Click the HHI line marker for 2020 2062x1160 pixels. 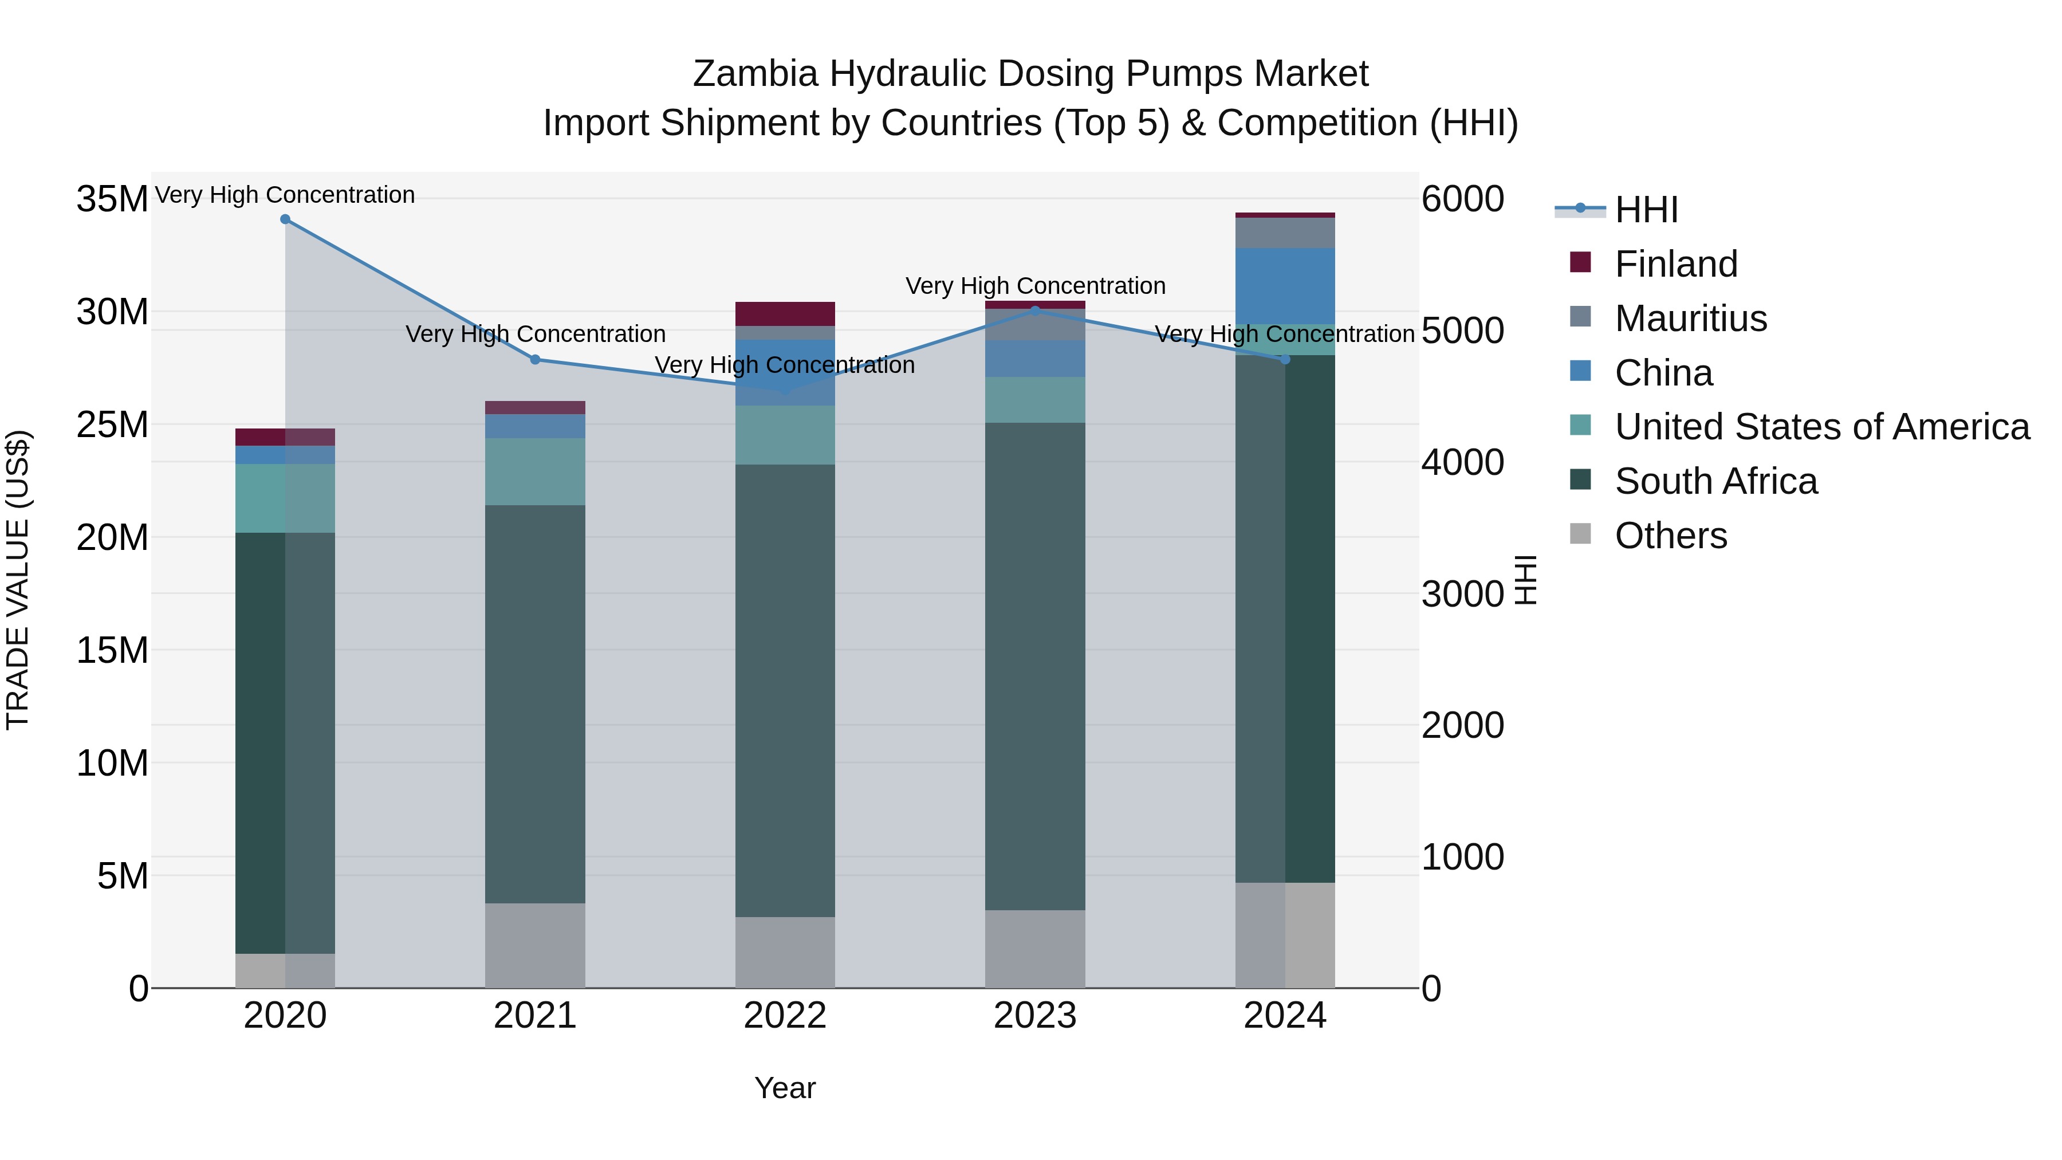[285, 219]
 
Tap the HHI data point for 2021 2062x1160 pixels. [536, 359]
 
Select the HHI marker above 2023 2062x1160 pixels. [1035, 310]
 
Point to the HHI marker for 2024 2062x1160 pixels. [1285, 359]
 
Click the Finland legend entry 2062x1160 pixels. [1675, 264]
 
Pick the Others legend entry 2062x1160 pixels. [1671, 536]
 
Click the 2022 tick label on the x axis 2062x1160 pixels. [785, 1016]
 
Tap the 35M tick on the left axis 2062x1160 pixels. [112, 199]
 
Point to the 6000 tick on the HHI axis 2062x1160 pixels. [1462, 199]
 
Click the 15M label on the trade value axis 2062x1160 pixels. [112, 650]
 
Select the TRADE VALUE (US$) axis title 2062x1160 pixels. [18, 580]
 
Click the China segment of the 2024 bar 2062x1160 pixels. [1285, 286]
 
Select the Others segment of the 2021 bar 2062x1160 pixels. [536, 945]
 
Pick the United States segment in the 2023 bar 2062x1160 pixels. [1035, 399]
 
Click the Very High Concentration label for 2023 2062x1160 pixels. [1035, 286]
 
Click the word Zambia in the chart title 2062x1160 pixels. [755, 74]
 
